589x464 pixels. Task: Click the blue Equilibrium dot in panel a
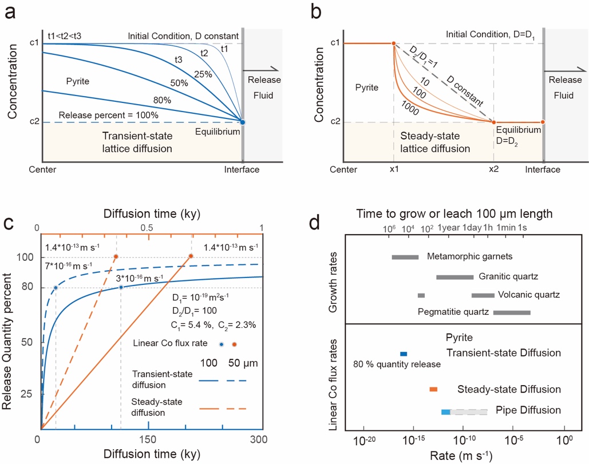(x=243, y=122)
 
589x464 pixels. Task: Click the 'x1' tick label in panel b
(x=394, y=170)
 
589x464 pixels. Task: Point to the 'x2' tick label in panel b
(x=493, y=170)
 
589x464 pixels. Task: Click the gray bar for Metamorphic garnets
(x=405, y=256)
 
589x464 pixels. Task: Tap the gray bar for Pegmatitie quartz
(x=512, y=312)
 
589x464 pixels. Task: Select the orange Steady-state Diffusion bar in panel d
(x=433, y=389)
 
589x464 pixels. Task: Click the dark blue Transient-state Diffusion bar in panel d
(x=404, y=354)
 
